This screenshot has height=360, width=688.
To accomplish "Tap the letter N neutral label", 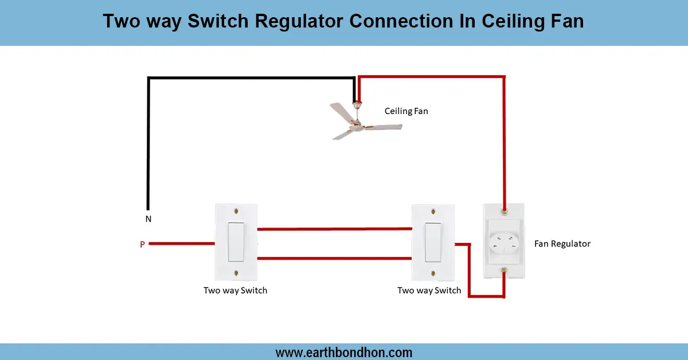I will (148, 219).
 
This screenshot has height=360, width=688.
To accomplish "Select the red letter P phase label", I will (142, 245).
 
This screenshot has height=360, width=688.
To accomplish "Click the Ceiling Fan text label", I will (406, 111).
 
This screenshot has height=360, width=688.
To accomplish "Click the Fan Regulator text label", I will (562, 244).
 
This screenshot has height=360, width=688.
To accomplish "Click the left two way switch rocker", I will (236, 241).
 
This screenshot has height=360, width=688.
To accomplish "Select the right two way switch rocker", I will (433, 241).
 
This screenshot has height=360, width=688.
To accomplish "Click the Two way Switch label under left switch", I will (235, 290).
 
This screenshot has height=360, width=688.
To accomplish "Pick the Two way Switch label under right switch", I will (429, 290).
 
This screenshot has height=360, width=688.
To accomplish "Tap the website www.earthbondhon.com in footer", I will (344, 353).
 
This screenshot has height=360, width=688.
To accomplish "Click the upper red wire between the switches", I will (335, 229).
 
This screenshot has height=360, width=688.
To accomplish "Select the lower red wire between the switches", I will (335, 259).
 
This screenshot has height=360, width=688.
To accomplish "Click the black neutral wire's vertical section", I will (148, 143).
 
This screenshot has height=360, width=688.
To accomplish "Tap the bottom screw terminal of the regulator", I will (504, 270).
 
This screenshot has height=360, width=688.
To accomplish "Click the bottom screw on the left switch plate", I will (236, 273).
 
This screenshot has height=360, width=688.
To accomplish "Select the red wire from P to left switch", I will (181, 244).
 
